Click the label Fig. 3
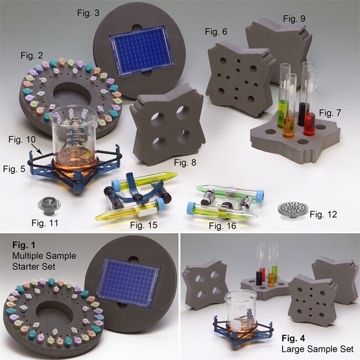(x=88, y=13)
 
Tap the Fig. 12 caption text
(x=323, y=214)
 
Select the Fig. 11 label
(x=45, y=223)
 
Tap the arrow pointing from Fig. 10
(x=37, y=148)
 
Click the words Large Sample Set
(x=317, y=349)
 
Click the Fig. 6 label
(x=216, y=32)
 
